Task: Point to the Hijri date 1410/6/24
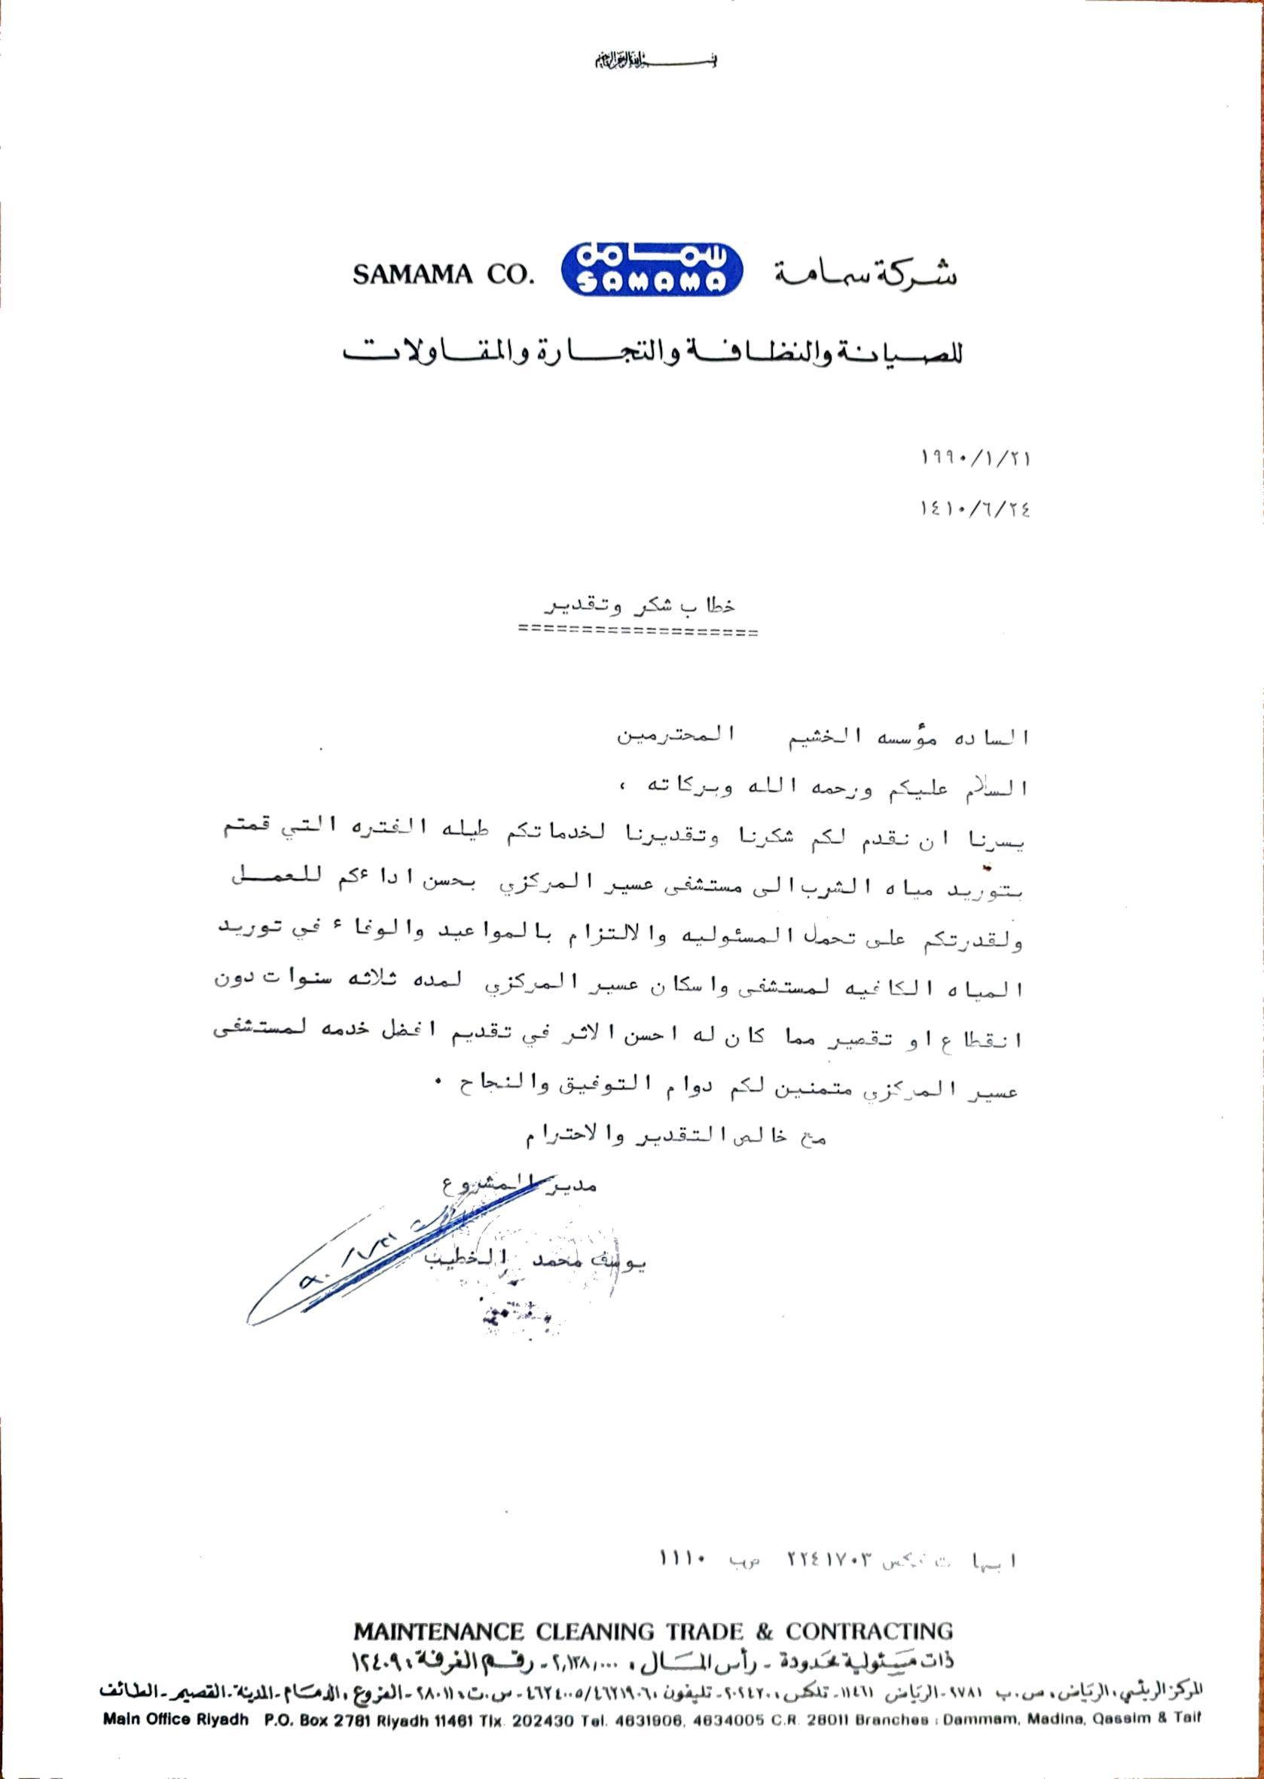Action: [974, 510]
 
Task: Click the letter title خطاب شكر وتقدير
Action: [638, 605]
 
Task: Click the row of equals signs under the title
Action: [638, 633]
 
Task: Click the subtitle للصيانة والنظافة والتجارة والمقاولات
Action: [652, 354]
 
